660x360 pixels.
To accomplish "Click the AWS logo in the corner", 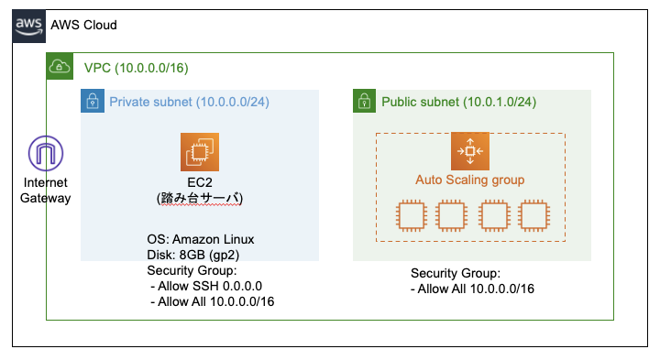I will (x=28, y=26).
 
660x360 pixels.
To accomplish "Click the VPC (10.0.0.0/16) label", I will (x=136, y=68).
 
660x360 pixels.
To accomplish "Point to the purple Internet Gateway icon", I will (x=45, y=153).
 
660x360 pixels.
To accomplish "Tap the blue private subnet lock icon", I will (x=93, y=101).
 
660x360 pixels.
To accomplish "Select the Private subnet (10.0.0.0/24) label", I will (x=189, y=102).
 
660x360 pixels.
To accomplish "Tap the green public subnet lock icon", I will (x=365, y=101).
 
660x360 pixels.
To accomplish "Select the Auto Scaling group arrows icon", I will (x=469, y=150).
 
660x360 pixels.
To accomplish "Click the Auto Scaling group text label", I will (x=470, y=180).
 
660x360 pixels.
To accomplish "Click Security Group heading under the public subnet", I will (x=456, y=273).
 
